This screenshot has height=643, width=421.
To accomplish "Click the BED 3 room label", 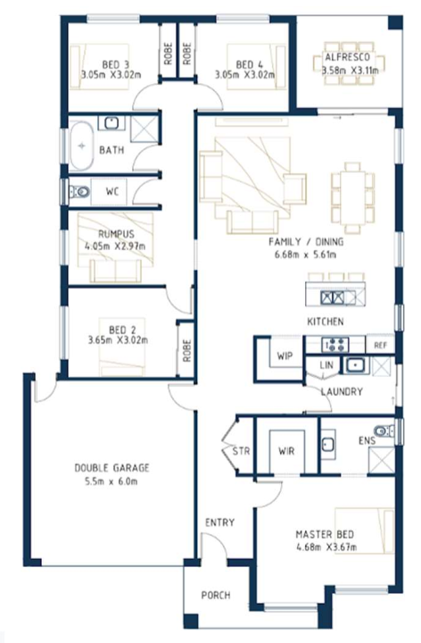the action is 115,64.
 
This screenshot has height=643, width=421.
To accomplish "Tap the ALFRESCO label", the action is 347,57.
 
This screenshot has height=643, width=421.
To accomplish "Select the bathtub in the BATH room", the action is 82,146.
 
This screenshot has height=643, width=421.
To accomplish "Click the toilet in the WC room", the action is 79,191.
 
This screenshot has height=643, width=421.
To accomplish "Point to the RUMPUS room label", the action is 116,234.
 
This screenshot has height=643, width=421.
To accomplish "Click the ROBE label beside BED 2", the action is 186,350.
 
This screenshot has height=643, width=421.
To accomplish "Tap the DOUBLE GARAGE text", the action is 111,468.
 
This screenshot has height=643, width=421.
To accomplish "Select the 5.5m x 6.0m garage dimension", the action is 111,481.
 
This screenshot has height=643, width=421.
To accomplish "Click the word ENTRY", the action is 220,522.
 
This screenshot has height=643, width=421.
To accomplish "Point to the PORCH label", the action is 216,595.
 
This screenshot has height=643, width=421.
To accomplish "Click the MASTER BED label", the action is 325,534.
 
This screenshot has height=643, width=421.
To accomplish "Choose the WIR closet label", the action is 286,451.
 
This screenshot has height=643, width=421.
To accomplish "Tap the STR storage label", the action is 241,451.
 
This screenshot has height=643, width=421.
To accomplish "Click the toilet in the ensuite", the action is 384,430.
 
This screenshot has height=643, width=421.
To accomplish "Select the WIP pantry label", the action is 285,355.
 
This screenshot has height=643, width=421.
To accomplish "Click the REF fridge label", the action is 381,346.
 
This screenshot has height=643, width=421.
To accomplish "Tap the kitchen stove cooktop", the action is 335,345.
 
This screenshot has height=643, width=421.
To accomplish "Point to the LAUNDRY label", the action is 342,392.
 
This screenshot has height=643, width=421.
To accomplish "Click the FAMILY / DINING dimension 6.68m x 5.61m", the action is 306,255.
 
